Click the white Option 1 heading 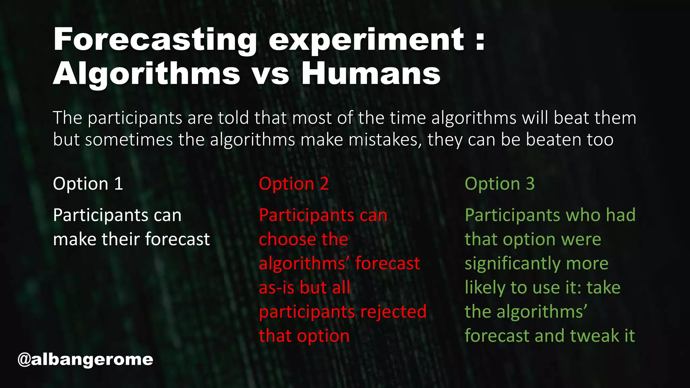[x=88, y=184]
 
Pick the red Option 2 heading [x=294, y=184]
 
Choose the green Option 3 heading [x=500, y=184]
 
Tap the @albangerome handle [x=85, y=359]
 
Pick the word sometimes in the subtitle [x=129, y=139]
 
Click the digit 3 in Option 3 [x=530, y=184]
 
